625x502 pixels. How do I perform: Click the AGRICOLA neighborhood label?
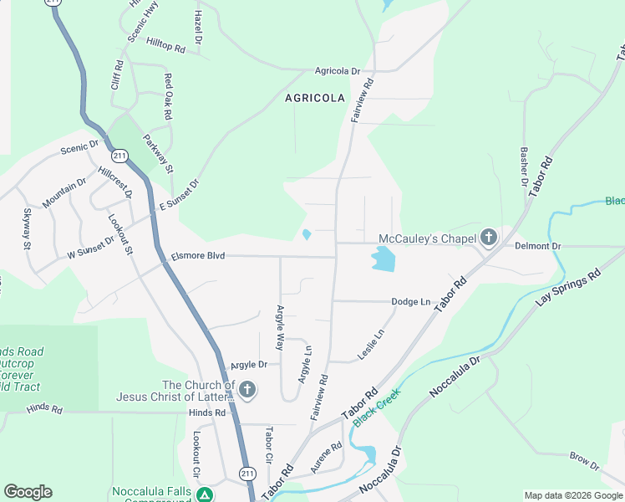[315, 98]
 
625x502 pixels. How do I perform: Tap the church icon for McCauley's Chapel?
[488, 238]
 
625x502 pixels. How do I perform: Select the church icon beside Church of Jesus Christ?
[246, 390]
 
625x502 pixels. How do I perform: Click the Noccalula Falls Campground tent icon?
[204, 494]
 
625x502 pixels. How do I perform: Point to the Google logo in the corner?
[28, 492]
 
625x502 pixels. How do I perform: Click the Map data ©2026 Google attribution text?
[573, 495]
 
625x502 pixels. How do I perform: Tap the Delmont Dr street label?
[537, 247]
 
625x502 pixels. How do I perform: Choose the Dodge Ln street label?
[409, 301]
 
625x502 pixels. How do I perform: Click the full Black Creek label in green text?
[377, 407]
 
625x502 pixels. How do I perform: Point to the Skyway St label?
[27, 228]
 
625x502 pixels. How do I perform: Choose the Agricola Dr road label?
[337, 72]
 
